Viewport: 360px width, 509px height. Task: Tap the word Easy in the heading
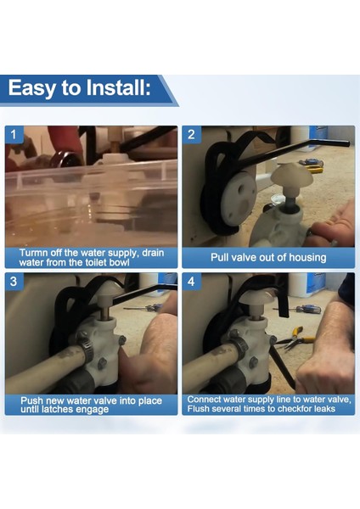tap(32, 88)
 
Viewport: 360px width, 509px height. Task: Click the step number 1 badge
tap(14, 134)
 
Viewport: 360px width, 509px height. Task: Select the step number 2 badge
tap(191, 134)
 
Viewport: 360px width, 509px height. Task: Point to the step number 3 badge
tap(14, 281)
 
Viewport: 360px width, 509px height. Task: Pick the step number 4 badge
tap(191, 281)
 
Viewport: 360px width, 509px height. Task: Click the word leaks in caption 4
tap(323, 408)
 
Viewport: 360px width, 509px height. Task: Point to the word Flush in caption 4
tap(198, 408)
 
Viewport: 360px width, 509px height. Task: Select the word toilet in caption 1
tap(96, 262)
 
